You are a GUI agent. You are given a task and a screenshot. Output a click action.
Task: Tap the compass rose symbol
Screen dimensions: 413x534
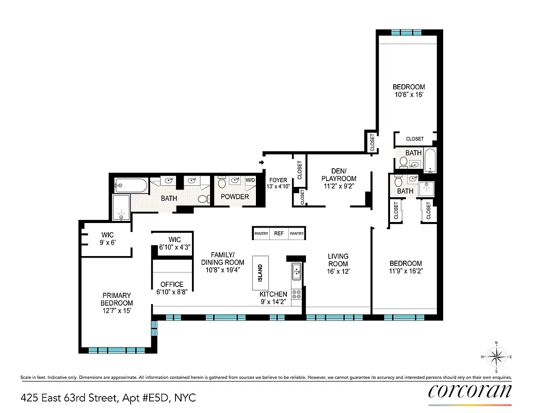(x=496, y=357)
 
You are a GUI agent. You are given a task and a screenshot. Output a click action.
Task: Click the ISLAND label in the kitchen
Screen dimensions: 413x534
(x=260, y=269)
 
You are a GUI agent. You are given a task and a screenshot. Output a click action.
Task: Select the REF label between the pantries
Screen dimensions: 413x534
(x=279, y=234)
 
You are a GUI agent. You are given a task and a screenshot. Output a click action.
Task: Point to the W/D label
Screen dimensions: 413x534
(x=250, y=180)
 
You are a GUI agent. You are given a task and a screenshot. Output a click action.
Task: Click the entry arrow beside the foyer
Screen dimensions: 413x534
(x=262, y=163)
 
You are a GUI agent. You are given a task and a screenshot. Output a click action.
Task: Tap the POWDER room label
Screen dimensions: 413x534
(x=235, y=197)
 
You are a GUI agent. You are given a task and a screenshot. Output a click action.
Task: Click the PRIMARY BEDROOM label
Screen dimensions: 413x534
(x=117, y=299)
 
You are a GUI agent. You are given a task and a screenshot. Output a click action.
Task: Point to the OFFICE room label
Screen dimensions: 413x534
(x=172, y=284)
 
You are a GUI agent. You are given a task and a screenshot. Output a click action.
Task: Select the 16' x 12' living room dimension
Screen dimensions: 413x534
(x=338, y=271)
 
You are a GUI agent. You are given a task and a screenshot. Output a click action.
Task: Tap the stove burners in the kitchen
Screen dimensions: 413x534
(x=297, y=294)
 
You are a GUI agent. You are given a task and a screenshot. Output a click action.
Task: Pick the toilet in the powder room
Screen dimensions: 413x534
(x=222, y=182)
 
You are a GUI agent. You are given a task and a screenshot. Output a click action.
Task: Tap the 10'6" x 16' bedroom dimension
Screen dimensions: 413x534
(x=409, y=94)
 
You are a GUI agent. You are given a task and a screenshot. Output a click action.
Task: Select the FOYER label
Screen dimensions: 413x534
(x=278, y=180)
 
